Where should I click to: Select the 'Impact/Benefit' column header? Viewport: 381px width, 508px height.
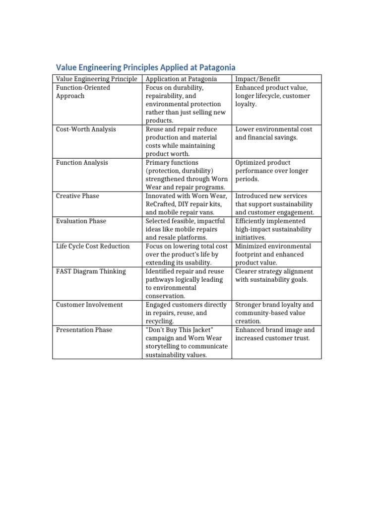tap(257, 79)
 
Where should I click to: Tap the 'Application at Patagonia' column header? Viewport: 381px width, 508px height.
tap(181, 79)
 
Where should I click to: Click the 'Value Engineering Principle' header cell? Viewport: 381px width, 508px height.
tap(96, 79)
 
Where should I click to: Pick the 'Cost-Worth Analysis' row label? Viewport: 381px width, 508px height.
tap(86, 129)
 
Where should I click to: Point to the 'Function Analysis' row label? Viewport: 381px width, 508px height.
tap(82, 162)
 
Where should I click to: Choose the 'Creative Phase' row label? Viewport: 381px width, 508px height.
tap(77, 196)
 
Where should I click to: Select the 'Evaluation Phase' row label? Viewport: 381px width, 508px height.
tap(81, 221)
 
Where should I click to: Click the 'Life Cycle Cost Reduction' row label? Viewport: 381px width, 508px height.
tap(93, 246)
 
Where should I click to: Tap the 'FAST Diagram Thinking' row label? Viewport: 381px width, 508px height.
tap(90, 271)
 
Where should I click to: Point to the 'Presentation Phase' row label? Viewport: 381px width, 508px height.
tap(84, 330)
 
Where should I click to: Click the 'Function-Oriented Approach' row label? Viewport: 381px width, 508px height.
tap(83, 92)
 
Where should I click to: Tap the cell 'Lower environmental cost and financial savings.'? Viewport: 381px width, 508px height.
tap(274, 133)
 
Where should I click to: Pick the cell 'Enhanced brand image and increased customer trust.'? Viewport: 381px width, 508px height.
tap(275, 334)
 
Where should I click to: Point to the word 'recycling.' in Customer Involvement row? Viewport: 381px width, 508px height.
tap(160, 321)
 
